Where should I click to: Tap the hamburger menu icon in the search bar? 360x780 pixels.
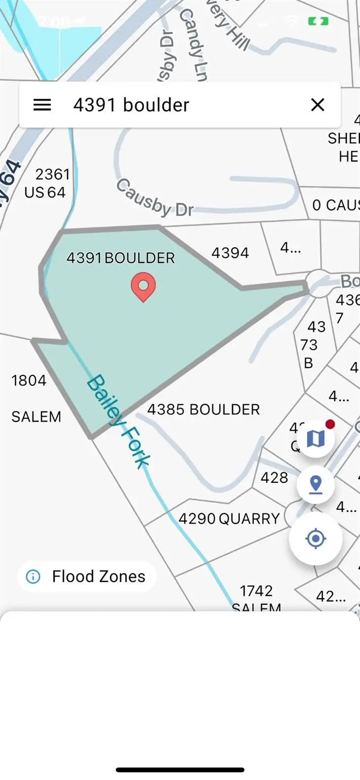coord(42,105)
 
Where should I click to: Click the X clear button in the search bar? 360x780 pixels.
coord(317,105)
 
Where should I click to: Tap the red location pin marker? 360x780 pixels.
coord(143,286)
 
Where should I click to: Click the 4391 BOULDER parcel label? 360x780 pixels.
coord(121,258)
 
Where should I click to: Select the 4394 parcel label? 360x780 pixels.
coord(230,253)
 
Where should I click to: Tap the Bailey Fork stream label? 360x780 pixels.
coord(118,421)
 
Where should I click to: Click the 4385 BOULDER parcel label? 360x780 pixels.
coord(203,409)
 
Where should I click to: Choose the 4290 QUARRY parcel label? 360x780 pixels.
coord(229,518)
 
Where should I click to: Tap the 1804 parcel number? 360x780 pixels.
coord(29,380)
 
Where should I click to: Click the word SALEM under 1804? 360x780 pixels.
coord(36,417)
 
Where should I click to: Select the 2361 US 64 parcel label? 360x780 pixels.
coord(47,183)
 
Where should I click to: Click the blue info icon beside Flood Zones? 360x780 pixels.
coord(33,576)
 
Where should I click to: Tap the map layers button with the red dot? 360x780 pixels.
coord(316,439)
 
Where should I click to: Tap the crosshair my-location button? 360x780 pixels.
coord(316,538)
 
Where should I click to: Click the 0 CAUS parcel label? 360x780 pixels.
coord(336,205)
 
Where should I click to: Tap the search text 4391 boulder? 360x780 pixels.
coord(131,105)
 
